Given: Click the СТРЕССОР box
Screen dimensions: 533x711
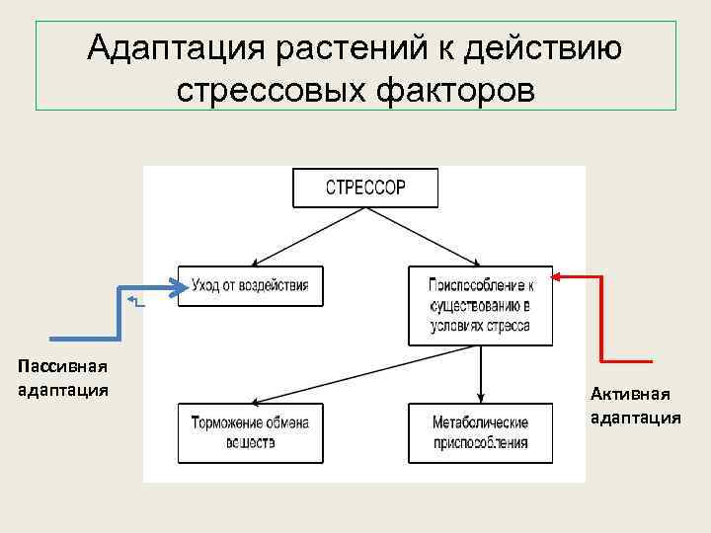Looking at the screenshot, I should tap(365, 188).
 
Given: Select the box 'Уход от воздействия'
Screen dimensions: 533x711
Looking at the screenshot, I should tap(250, 285).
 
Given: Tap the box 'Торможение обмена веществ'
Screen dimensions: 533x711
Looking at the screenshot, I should tap(250, 432).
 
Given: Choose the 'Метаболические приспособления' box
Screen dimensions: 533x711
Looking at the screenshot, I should tap(480, 432).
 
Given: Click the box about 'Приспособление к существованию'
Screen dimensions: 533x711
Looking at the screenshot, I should tap(480, 305).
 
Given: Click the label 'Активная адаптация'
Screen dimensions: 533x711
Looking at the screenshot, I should tap(635, 406).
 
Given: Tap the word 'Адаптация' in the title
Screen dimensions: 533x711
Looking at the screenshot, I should tap(171, 46).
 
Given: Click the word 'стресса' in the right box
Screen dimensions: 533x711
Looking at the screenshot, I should tap(508, 326).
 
